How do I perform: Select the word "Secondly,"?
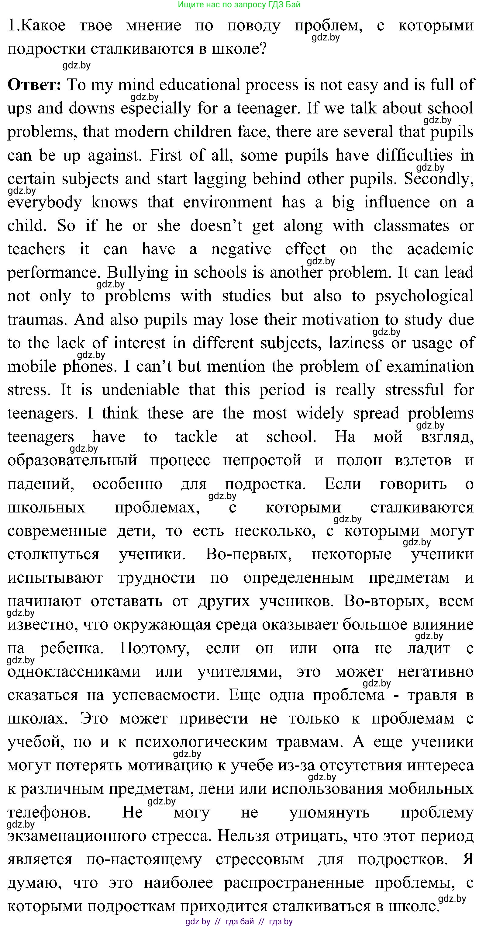pos(438,179)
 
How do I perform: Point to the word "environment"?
pos(228,202)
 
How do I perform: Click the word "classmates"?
pos(412,226)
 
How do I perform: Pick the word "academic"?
pos(440,249)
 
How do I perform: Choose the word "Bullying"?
pos(138,273)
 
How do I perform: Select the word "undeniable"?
pos(140,390)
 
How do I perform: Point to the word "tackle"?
pos(196,437)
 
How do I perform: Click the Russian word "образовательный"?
pos(72,460)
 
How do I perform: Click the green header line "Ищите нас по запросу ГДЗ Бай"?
pos(239,5)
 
